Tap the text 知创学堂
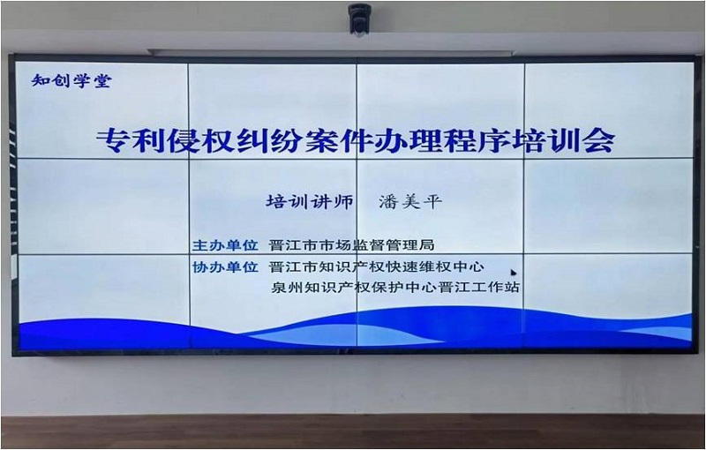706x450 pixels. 71,81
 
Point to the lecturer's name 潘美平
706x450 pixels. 409,201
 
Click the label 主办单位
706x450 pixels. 225,244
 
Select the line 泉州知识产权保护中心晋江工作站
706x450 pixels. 394,287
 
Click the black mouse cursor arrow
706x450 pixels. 514,272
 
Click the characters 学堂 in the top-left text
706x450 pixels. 92,81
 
